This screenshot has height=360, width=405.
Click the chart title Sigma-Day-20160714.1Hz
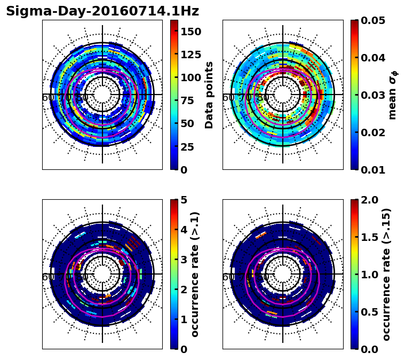click(x=102, y=11)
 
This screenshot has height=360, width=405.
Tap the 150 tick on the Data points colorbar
click(x=191, y=32)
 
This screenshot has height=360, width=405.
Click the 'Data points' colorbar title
click(x=210, y=95)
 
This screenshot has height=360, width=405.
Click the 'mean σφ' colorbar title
click(x=393, y=95)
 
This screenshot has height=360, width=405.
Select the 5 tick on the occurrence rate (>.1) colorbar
click(x=184, y=200)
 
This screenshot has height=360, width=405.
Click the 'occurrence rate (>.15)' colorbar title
click(x=387, y=274)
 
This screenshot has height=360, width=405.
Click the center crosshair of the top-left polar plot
click(x=102, y=95)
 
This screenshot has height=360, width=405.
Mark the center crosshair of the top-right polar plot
click(x=283, y=95)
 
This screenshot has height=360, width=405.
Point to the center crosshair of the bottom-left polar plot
click(x=102, y=274)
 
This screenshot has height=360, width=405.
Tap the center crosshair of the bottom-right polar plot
click(x=283, y=274)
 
